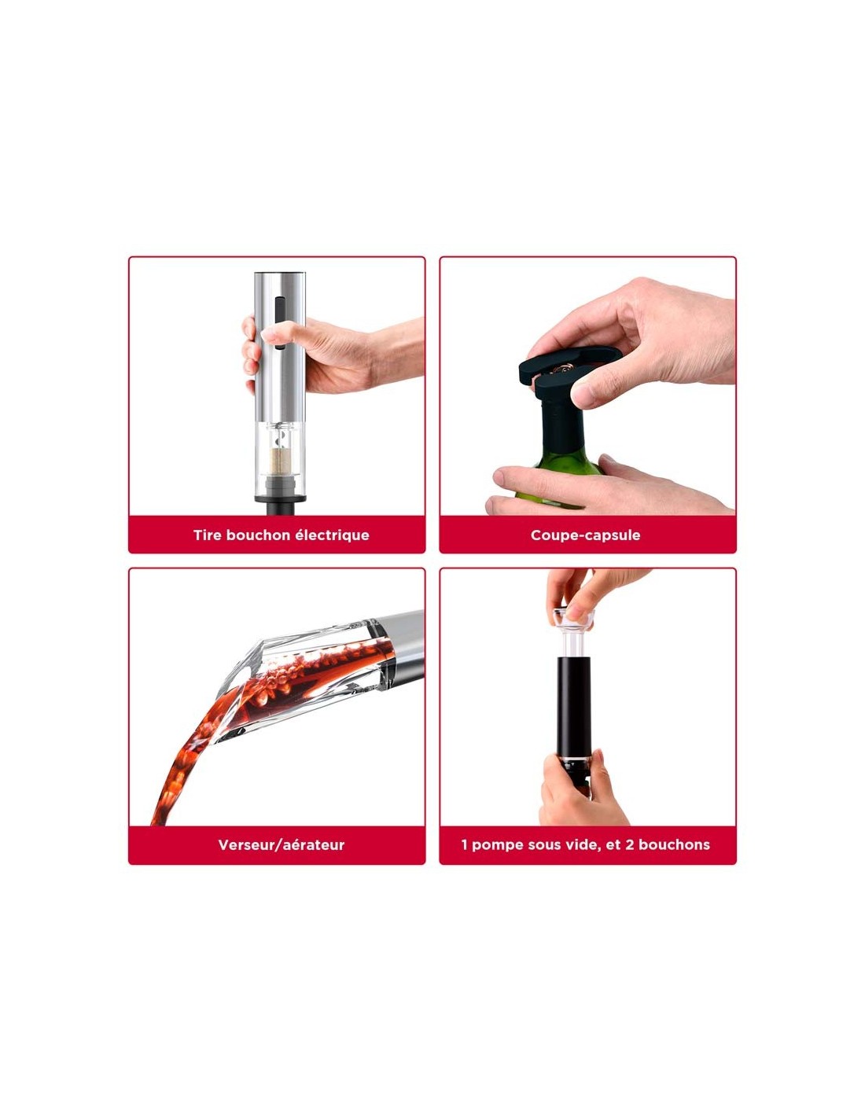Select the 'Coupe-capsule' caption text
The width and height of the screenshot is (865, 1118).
[585, 535]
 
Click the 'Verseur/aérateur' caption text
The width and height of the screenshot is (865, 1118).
[281, 845]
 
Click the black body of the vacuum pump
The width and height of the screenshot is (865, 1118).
[573, 706]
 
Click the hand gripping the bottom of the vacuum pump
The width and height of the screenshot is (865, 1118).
[580, 793]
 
